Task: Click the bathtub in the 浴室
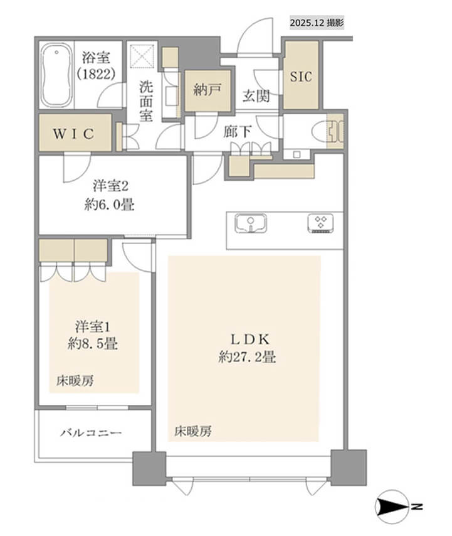pos(56,75)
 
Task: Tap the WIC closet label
pos(74,134)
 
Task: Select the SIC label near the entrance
pos(301,76)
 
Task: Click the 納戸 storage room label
pos(208,90)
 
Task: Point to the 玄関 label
pos(256,95)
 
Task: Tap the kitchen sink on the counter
pos(251,223)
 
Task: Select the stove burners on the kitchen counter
pos(320,223)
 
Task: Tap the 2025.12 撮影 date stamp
pos(317,23)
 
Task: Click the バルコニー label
pos(91,433)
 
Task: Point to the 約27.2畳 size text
pos(247,357)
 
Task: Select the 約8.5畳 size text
pos(93,343)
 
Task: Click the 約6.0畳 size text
pos(109,205)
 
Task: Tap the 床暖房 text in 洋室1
pos(75,380)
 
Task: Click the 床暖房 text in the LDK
pos(193,431)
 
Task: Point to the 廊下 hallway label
pos(238,132)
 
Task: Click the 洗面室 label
pos(146,102)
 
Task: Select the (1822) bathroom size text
pos(96,73)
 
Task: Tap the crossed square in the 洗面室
pos(143,56)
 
